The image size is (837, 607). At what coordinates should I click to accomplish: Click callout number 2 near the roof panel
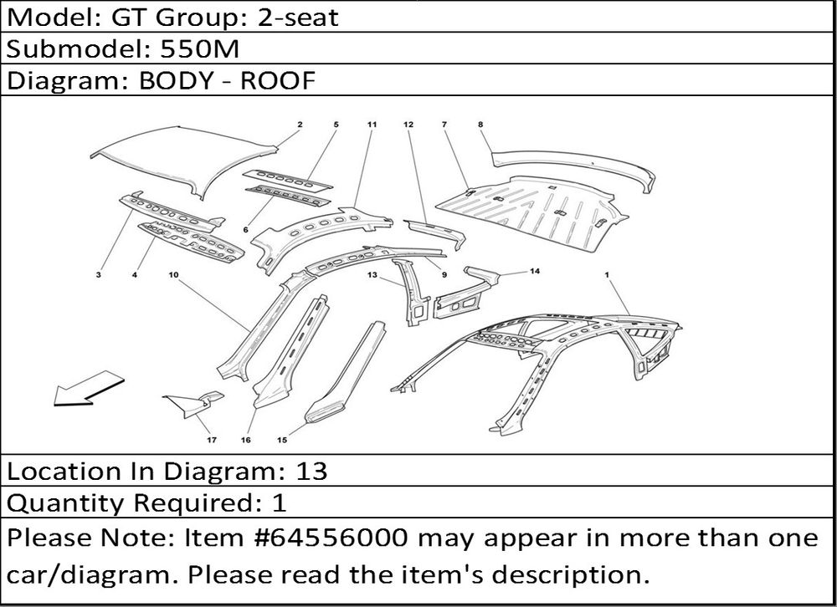point(300,125)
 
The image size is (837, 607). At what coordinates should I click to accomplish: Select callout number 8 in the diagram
point(480,125)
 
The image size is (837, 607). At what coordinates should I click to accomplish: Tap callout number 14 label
point(535,271)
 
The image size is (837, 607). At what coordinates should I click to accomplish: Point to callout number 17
point(212,440)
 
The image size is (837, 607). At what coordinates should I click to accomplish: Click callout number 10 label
point(173,275)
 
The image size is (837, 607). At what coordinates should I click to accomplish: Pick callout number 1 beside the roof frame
point(607,275)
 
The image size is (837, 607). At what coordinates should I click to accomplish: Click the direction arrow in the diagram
point(88,389)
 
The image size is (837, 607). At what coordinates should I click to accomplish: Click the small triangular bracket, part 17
point(193,403)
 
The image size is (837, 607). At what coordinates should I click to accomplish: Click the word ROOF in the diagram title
point(278,80)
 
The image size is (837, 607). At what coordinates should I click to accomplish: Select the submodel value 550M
point(200,49)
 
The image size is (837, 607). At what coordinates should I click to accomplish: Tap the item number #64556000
point(333,538)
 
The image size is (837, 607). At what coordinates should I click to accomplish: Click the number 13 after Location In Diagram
point(311,471)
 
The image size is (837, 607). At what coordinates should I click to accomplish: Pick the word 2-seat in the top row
point(298,18)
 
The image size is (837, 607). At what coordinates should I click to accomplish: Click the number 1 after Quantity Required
point(280,503)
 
